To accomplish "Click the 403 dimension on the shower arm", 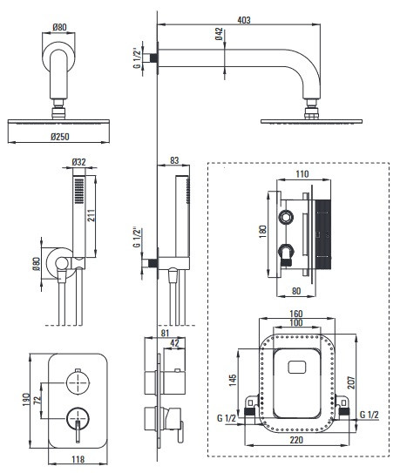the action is click(244, 20).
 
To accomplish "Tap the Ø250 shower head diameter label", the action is click(60, 137).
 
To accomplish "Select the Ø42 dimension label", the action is click(220, 34).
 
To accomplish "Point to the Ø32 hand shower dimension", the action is click(78, 162).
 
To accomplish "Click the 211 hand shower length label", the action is click(92, 215).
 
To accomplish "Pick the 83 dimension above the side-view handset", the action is click(174, 160).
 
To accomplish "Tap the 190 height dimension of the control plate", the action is click(26, 400).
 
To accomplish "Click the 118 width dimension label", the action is click(78, 459).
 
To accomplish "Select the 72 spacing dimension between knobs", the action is click(37, 400).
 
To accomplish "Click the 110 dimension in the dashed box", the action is click(302, 174).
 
